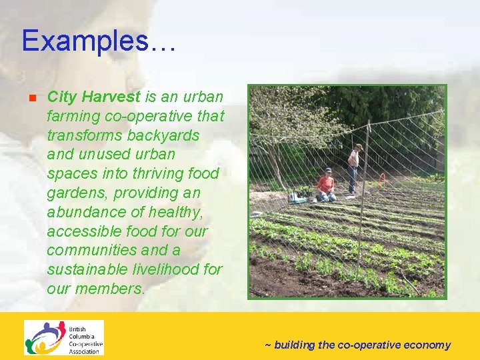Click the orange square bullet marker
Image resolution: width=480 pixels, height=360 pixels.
tap(31, 98)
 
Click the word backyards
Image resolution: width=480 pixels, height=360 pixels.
tap(167, 135)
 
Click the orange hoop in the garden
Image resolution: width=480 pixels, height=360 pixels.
tap(381, 179)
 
